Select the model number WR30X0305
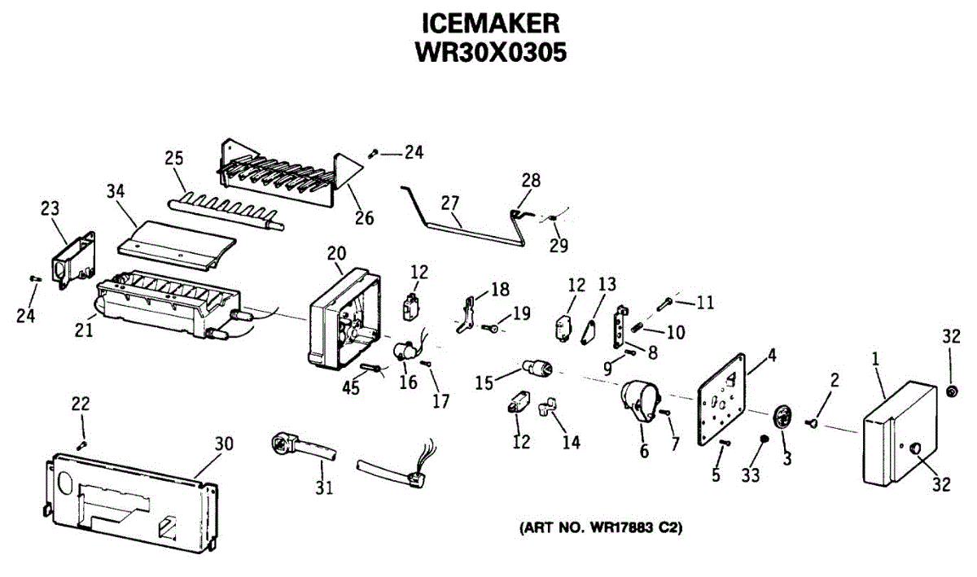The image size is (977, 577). click(x=489, y=51)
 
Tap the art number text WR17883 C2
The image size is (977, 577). click(x=601, y=527)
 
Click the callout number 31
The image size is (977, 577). click(x=325, y=487)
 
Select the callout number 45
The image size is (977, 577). click(x=351, y=389)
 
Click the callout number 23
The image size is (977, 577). click(x=50, y=208)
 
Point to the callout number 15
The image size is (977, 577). click(x=484, y=380)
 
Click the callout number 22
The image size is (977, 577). click(x=81, y=404)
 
